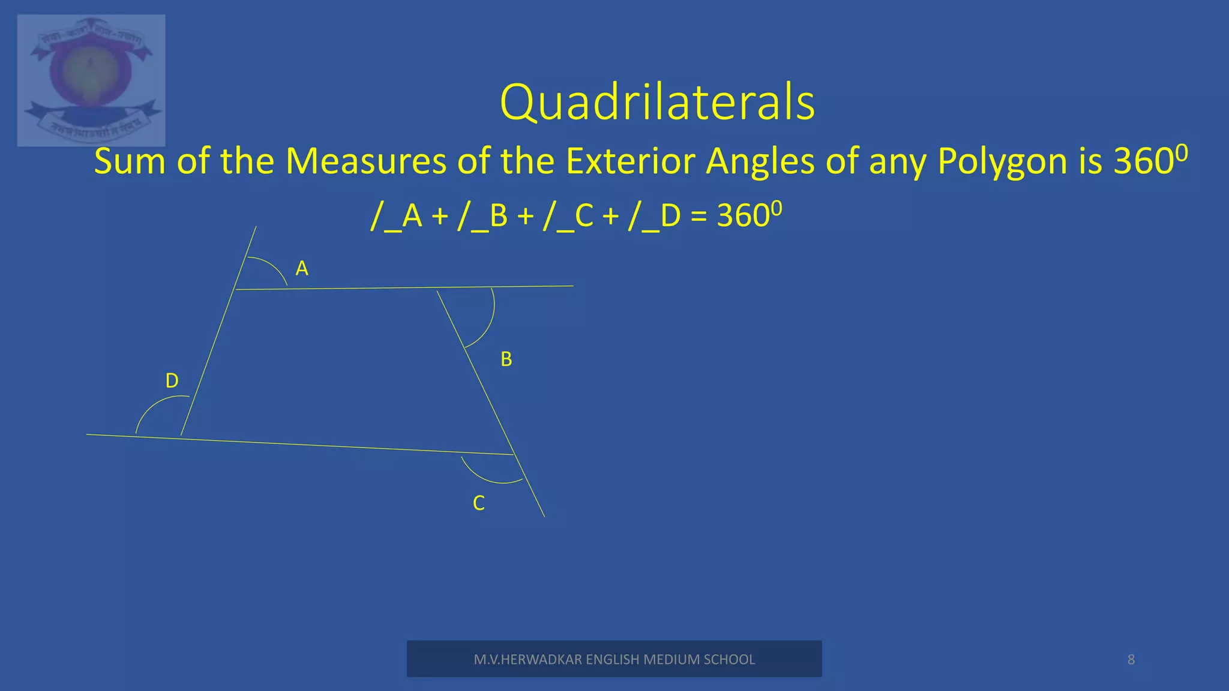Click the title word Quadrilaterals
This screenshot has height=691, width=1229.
(657, 103)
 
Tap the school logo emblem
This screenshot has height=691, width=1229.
(91, 80)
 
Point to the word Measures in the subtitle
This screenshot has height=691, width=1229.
(365, 161)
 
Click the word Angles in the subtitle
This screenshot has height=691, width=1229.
(760, 161)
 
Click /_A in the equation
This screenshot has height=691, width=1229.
(397, 216)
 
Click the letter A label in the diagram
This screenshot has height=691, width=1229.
(302, 269)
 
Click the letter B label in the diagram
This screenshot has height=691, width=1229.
(506, 359)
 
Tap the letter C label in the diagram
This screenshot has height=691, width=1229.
(478, 503)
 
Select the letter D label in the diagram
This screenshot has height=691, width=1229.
(172, 381)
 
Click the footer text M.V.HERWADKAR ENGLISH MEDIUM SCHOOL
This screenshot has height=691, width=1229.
(614, 659)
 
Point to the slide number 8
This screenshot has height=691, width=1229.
(1131, 660)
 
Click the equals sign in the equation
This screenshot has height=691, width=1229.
(699, 217)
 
